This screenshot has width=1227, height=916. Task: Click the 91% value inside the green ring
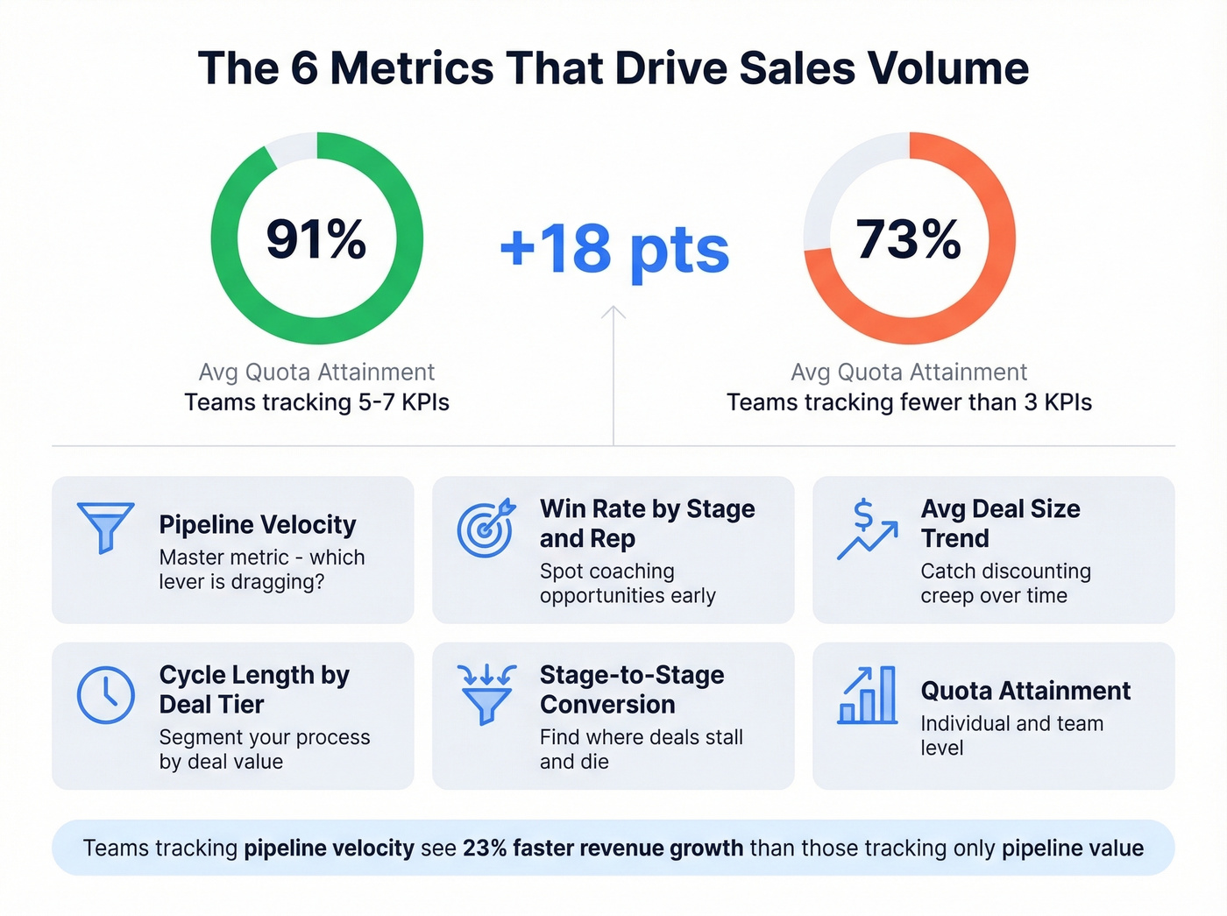316,238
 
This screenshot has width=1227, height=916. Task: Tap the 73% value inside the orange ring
909,238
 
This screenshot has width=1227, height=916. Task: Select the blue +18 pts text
613,248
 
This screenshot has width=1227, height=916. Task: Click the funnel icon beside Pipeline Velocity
105,527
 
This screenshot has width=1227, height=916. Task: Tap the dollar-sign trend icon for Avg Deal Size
867,529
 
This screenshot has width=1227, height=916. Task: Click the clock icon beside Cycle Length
105,695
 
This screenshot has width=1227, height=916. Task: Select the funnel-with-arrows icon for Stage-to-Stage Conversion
486,694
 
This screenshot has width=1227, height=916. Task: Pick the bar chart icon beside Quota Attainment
867,695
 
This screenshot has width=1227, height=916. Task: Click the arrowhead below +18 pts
613,311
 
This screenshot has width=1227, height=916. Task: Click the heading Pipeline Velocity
258,524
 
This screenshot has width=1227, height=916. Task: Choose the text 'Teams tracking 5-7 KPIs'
316,402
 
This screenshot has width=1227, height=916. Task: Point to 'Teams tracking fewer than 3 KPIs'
909,402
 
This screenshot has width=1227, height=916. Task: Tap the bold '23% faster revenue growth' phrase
603,849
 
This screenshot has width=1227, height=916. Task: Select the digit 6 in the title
304,68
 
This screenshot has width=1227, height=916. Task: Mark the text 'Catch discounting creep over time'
1005,584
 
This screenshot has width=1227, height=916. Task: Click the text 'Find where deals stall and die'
641,749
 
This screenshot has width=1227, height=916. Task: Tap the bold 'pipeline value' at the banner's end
1072,849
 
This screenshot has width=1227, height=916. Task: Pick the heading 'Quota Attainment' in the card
1025,691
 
